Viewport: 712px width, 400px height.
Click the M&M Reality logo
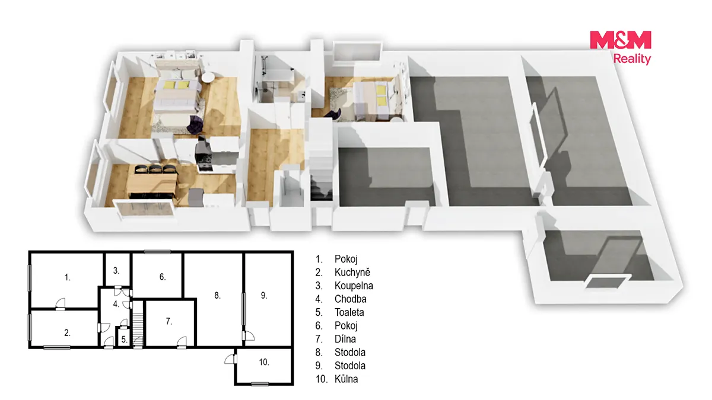pos(621,47)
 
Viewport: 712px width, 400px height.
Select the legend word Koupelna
pos(354,286)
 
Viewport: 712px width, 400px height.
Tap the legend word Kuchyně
pos(352,272)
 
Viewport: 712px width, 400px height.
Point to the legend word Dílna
pos(345,339)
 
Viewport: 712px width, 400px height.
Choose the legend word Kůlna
pos(346,379)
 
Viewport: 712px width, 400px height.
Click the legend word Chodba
pos(350,299)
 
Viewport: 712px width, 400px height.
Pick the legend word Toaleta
pos(349,312)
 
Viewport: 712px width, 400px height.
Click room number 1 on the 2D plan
pos(68,277)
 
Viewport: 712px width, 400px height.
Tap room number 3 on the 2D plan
pos(116,271)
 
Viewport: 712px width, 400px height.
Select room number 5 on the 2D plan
pos(124,340)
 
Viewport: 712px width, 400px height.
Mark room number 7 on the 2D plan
pos(169,322)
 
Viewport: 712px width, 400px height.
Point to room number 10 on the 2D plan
pos(264,362)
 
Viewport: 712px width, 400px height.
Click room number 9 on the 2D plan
pos(264,296)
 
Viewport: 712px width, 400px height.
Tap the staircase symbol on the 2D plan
pos(138,324)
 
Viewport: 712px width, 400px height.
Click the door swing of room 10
pos(230,359)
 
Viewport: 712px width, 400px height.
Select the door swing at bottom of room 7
pos(182,341)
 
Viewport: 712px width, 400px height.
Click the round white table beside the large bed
pos(208,78)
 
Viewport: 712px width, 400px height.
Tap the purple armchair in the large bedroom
pos(195,124)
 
